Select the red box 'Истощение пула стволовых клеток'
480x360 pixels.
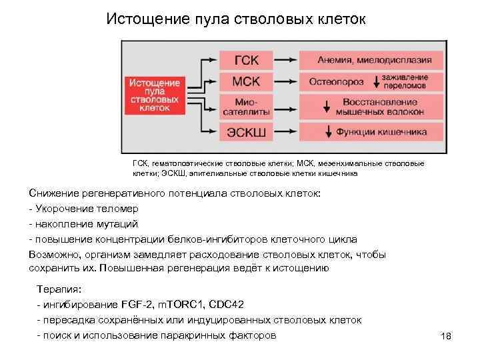tap(154, 95)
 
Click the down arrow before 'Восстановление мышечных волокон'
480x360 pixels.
tap(327, 107)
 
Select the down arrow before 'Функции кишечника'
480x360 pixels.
tap(327, 131)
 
